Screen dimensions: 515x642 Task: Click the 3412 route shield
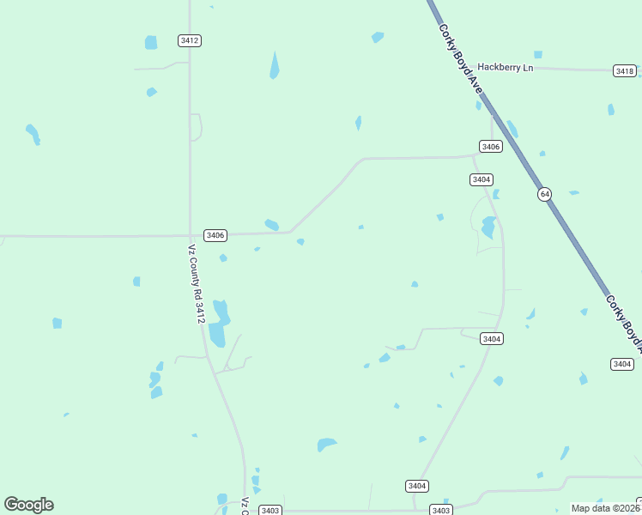pos(190,40)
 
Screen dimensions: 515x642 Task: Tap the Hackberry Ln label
pos(506,67)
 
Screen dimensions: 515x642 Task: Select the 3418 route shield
pos(625,70)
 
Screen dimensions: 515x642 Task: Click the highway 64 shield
pos(544,194)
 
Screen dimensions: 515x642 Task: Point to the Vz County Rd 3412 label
pos(197,284)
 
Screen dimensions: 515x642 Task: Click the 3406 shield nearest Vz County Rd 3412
pos(215,235)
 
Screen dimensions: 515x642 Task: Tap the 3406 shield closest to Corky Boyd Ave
pos(490,147)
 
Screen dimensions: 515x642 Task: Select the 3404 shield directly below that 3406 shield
pos(481,179)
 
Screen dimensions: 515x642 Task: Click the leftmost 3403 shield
pos(270,510)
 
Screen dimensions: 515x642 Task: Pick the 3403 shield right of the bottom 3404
pos(441,510)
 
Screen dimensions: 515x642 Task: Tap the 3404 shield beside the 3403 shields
pos(416,486)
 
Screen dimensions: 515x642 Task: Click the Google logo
pos(29,505)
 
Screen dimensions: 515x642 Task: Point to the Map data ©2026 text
pos(605,508)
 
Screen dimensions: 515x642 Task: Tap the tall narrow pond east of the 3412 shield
pos(275,65)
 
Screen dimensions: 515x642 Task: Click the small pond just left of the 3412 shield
pos(151,42)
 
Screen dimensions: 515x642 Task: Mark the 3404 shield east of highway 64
pos(622,365)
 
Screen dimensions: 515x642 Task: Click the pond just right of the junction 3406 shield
pos(271,225)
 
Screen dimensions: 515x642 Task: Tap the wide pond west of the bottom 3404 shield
pos(326,444)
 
